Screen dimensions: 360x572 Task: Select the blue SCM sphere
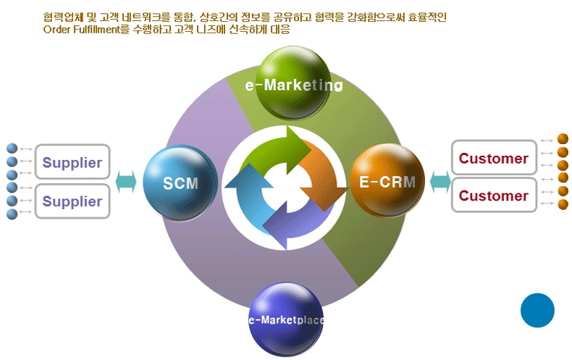coord(179,182)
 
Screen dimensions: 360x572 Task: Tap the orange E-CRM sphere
coord(386,180)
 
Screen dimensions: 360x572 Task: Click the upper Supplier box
coord(72,162)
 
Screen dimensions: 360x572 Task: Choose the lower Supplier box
coord(72,201)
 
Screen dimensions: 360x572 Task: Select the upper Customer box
coord(494,158)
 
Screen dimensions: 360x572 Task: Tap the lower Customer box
coord(494,196)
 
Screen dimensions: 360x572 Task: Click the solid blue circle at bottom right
coord(537,310)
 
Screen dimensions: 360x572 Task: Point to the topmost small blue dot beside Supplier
coord(11,148)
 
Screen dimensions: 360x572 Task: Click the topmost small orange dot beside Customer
coord(563,138)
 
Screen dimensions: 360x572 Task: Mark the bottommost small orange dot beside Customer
coord(563,204)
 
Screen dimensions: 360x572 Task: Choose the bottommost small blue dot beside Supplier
coord(11,214)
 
